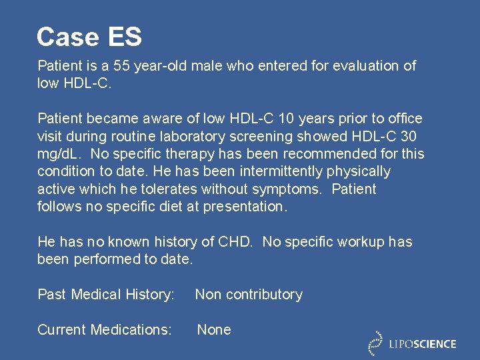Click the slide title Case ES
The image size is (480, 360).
[89, 37]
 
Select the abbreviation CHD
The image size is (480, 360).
[237, 242]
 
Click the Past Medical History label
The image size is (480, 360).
[106, 295]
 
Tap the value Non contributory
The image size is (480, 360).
[249, 295]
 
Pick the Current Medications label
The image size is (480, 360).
[105, 330]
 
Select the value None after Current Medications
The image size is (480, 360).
[214, 330]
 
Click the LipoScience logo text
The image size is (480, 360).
[423, 344]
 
